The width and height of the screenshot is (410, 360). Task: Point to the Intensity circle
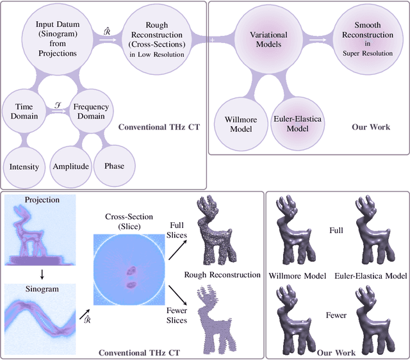pyautogui.click(x=24, y=167)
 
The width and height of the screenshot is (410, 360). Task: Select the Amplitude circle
pyautogui.click(x=71, y=167)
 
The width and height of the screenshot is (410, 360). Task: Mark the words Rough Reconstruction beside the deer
pyautogui.click(x=222, y=275)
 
